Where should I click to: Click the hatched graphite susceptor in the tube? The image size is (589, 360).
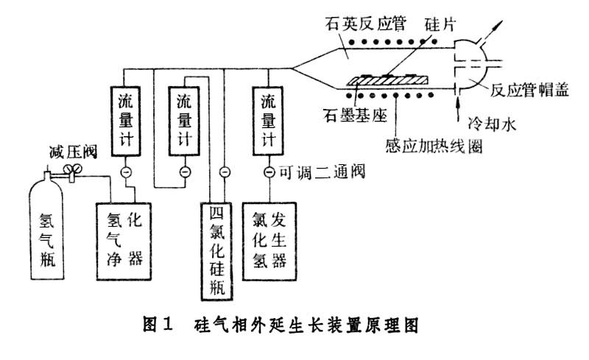(x=382, y=78)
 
